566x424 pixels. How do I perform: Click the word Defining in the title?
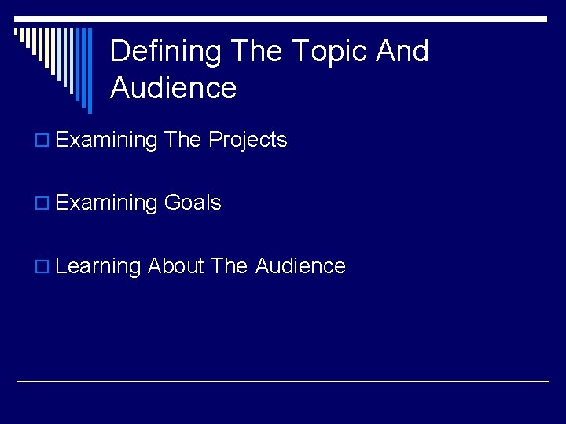point(166,52)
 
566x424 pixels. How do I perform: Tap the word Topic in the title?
point(329,52)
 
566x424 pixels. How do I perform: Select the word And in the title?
point(402,52)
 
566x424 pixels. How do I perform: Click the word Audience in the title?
point(173,88)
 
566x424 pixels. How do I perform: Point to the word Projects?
point(248,140)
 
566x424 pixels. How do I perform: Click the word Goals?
point(193,203)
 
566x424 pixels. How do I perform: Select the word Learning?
point(98,267)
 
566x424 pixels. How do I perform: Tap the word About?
point(175,266)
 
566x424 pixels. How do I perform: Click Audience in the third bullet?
point(300,266)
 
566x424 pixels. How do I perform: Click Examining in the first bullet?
point(107,141)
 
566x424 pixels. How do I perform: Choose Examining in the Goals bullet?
point(107,203)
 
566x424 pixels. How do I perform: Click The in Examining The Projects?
point(183,140)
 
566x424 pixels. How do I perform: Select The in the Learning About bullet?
point(230,266)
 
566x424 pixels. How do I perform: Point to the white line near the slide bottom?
point(283,382)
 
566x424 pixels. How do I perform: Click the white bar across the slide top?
point(283,19)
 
